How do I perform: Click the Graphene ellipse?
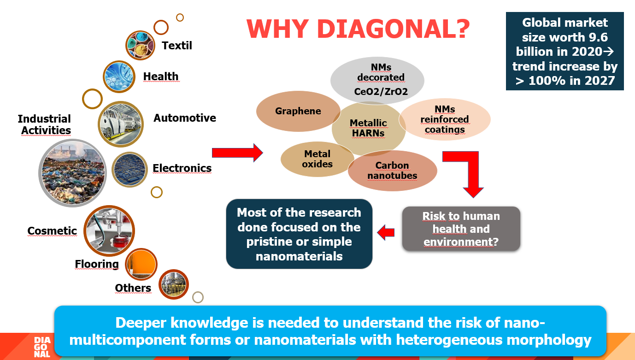tap(298, 111)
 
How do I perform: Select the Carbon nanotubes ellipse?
tap(392, 171)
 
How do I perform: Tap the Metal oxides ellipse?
tap(317, 159)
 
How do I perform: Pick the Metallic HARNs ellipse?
tap(369, 129)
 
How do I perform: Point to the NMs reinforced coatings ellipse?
tap(445, 119)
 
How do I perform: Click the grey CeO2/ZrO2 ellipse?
tap(377, 80)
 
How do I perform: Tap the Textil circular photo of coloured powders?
tap(140, 45)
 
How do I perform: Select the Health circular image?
tap(119, 77)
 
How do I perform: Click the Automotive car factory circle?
tap(121, 124)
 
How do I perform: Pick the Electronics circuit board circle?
tap(129, 170)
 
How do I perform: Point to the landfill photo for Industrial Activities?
tap(72, 173)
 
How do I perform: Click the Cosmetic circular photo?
tap(109, 231)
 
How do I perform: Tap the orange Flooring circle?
tap(141, 265)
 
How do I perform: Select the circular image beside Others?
tap(173, 284)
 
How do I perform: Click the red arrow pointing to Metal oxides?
tap(238, 153)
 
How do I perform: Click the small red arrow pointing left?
tap(386, 232)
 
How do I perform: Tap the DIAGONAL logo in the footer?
tap(42, 347)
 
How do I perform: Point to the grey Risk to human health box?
tap(461, 229)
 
